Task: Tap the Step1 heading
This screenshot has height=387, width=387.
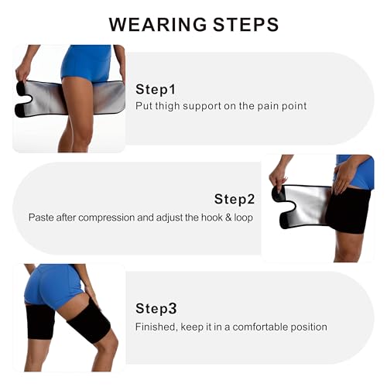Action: click(x=156, y=89)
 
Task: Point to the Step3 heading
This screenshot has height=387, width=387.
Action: click(x=156, y=308)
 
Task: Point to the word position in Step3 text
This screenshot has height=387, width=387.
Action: click(x=307, y=327)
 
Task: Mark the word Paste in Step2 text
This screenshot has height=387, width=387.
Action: click(x=42, y=217)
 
